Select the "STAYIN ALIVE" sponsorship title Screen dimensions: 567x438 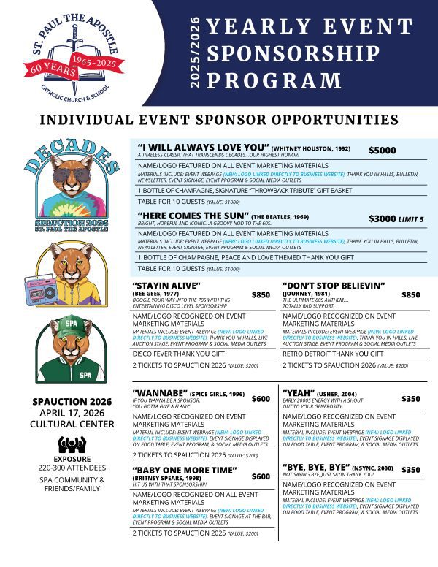[x=166, y=284]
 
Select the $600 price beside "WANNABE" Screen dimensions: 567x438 [x=261, y=400]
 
